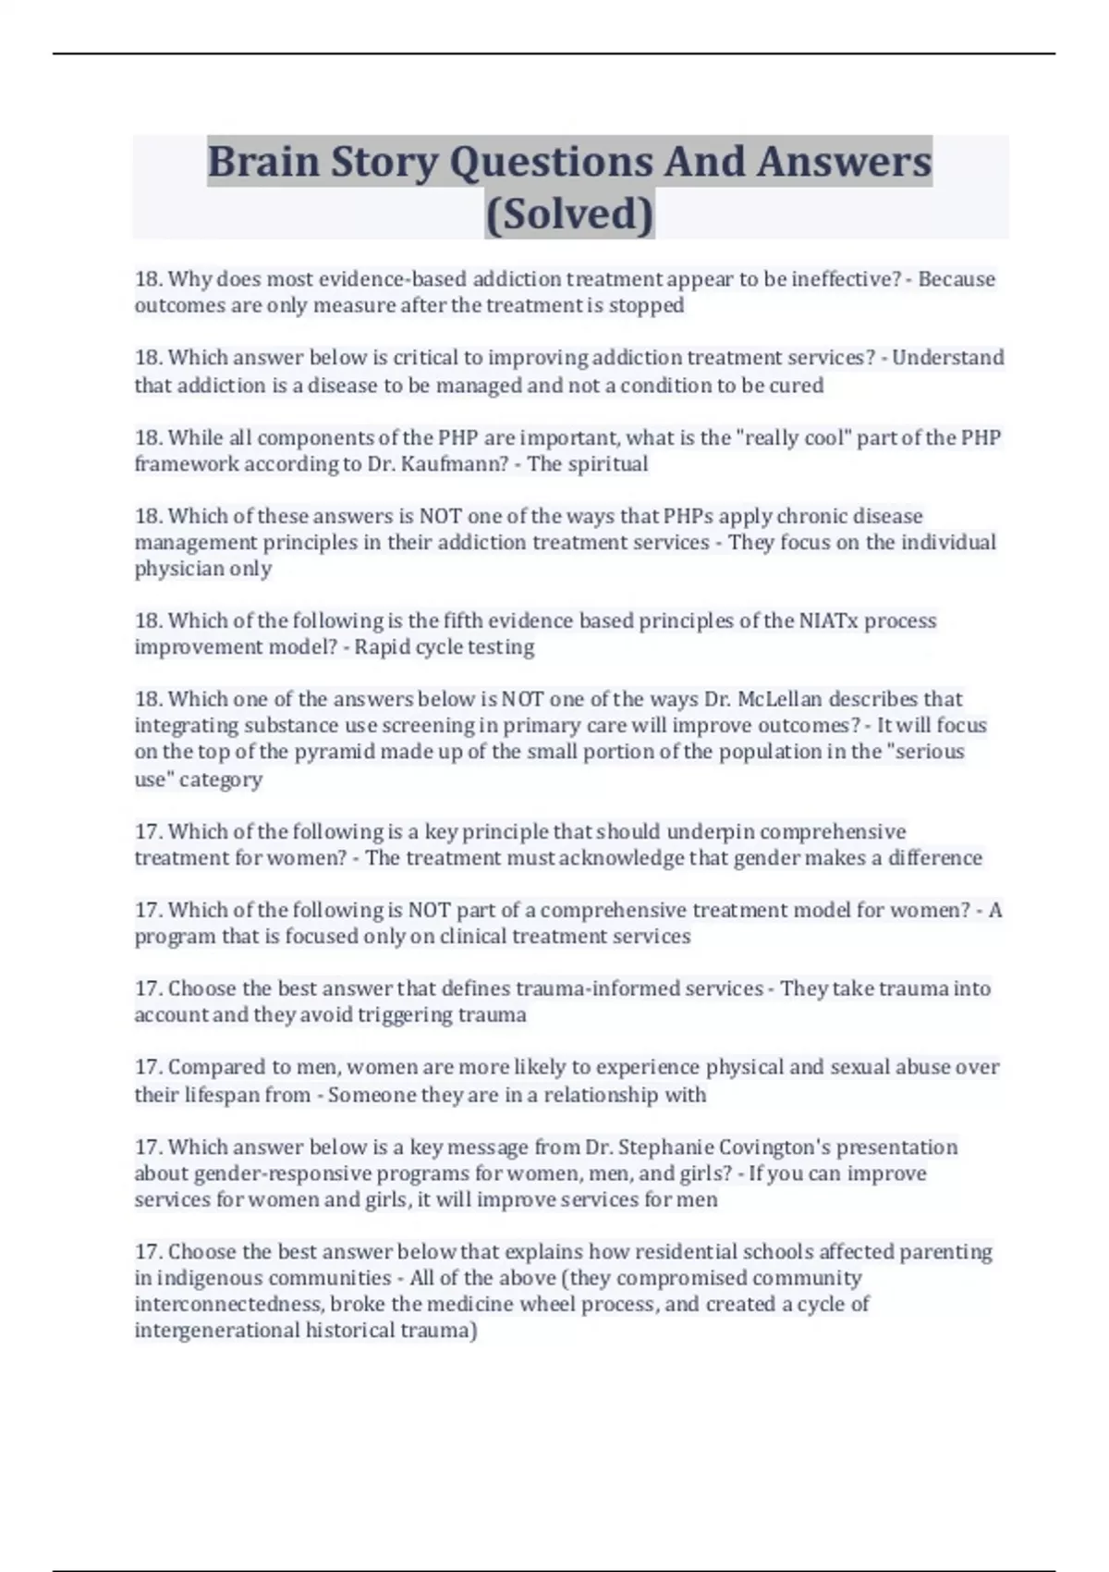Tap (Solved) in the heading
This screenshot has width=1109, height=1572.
(x=569, y=214)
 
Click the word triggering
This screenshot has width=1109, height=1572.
(x=406, y=1015)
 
